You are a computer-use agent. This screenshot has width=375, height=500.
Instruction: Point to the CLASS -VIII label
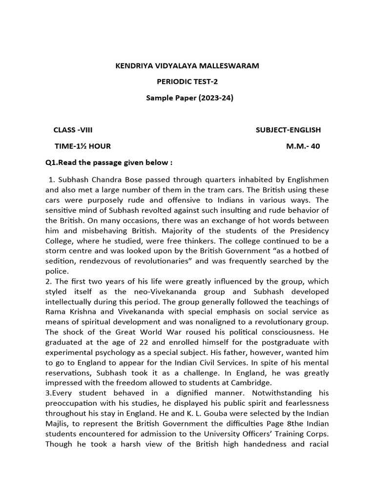pyautogui.click(x=73, y=130)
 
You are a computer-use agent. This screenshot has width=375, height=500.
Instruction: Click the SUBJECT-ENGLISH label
pyautogui.click(x=288, y=130)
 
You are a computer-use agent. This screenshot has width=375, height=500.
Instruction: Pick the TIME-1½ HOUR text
pyautogui.click(x=83, y=146)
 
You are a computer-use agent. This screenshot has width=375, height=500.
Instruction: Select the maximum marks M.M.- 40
pyautogui.click(x=303, y=146)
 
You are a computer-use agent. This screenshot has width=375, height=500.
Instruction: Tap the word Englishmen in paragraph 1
pyautogui.click(x=304, y=179)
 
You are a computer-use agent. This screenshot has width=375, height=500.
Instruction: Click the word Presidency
pyautogui.click(x=305, y=230)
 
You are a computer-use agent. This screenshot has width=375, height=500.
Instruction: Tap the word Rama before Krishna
pyautogui.click(x=56, y=312)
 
